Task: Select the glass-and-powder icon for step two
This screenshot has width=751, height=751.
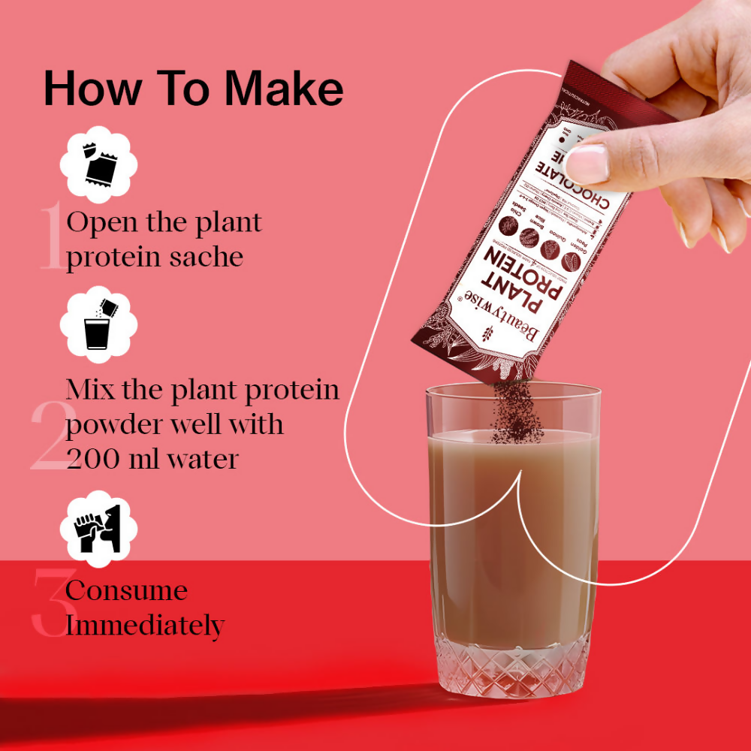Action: coord(98,325)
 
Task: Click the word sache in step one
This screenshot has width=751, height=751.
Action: coord(207,257)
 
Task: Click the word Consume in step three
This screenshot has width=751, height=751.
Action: coord(126,590)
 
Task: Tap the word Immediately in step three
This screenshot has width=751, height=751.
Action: coord(145,624)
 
